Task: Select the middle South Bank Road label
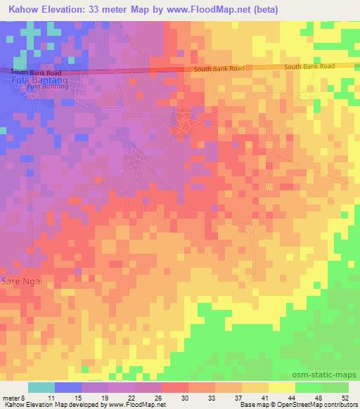(x=219, y=68)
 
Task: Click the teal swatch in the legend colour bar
(x=41, y=387)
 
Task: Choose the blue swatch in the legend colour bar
(x=68, y=387)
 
